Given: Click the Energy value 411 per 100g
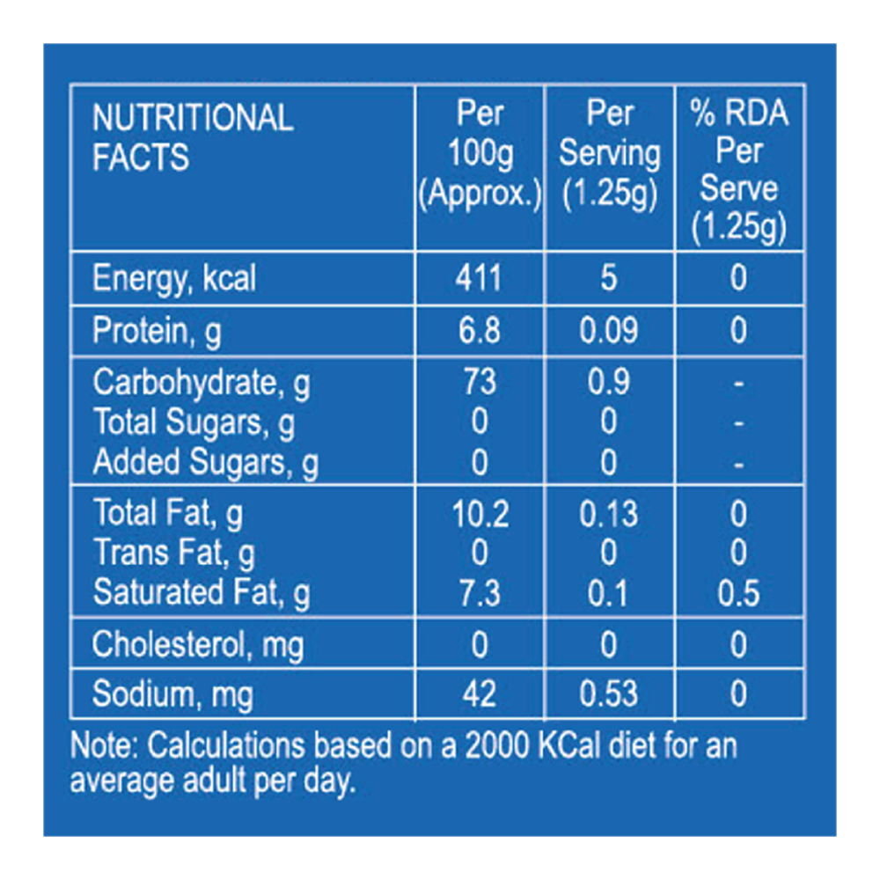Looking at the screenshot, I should pos(479,279).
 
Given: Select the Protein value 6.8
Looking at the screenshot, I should pos(479,331).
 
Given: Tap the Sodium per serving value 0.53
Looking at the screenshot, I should pos(609,694).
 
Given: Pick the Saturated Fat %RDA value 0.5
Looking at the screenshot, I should pos(738,593).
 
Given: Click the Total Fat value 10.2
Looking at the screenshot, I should pos(480,514).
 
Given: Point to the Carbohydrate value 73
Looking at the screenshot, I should pos(479,382).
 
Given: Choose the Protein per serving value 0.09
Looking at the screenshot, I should pos(609,331).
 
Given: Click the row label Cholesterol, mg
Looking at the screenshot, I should pos(198,645).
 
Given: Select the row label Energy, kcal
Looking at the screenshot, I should pos(174,279).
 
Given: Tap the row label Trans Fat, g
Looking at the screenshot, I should pos(174,554).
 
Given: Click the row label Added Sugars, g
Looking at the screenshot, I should pos(206,462).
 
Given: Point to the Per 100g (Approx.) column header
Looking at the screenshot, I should pos(480,154).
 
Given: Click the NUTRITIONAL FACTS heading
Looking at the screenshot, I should pos(193,137).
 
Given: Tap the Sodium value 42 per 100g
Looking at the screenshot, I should pos(479,694).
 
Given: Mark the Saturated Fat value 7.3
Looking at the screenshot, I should pos(479,593).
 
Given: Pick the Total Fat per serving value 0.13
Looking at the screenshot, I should pos(609,514).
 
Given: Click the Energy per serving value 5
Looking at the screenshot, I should pos(609,279).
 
